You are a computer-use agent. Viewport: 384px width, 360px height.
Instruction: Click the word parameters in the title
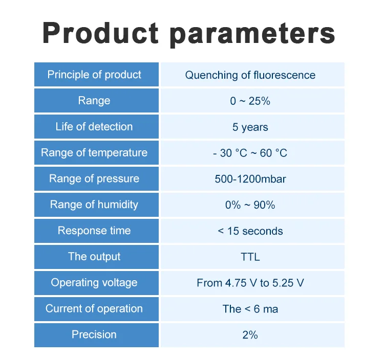(x=252, y=34)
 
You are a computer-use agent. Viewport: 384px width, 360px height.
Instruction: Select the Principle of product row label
(x=94, y=75)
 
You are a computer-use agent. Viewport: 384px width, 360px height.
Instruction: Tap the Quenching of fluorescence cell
(x=250, y=75)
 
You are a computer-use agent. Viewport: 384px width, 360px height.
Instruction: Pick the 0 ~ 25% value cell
(x=250, y=101)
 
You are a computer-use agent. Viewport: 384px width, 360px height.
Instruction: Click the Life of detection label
(x=94, y=126)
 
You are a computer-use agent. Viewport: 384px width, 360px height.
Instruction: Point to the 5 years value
(x=250, y=127)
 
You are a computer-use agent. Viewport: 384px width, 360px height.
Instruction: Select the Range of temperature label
(x=94, y=152)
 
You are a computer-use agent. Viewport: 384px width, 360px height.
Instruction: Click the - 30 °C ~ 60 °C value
(x=250, y=153)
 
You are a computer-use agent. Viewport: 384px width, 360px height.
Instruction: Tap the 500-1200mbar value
(x=250, y=179)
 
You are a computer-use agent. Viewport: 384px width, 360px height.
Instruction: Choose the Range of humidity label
(x=94, y=205)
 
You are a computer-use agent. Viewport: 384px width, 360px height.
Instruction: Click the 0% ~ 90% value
(x=250, y=205)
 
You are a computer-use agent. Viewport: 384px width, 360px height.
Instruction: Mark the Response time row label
(x=94, y=231)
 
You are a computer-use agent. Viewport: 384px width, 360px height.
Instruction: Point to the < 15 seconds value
(x=250, y=231)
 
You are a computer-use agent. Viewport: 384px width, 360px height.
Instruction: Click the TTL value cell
(x=250, y=257)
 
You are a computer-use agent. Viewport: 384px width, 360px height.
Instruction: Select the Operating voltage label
(x=94, y=282)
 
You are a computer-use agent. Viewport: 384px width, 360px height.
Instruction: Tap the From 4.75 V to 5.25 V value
(x=250, y=283)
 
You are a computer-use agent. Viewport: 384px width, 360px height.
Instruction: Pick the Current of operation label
(x=94, y=308)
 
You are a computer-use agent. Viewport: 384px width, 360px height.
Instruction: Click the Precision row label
(x=94, y=334)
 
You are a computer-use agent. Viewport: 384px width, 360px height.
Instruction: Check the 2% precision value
(x=250, y=335)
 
